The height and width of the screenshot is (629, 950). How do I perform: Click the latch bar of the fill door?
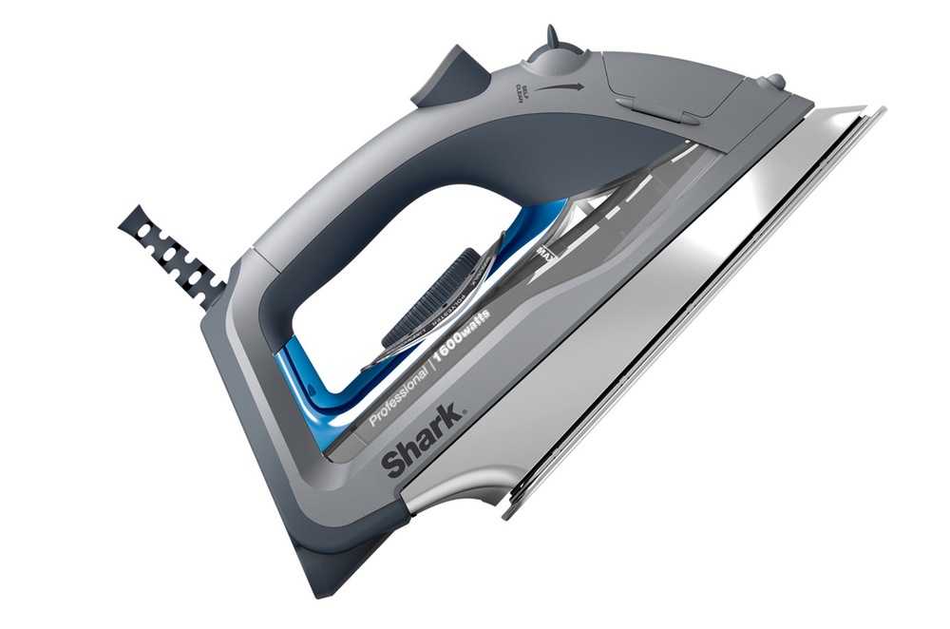pos(655,110)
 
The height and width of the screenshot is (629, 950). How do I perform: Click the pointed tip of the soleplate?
pos(879,111)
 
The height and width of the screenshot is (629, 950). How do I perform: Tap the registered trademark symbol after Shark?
pos(465,411)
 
